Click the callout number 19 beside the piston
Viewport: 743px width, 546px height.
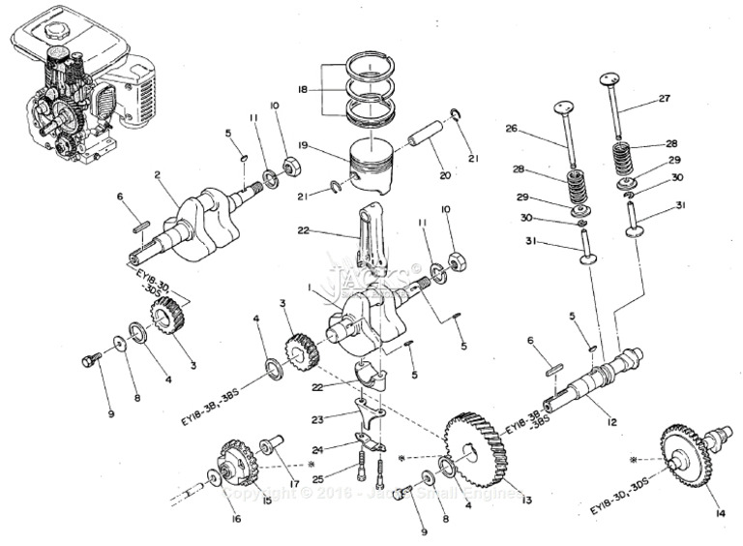point(303,145)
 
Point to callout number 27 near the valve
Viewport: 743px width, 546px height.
point(664,98)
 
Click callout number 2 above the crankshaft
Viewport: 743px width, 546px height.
point(157,175)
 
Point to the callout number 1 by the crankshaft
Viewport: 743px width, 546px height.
point(309,288)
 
